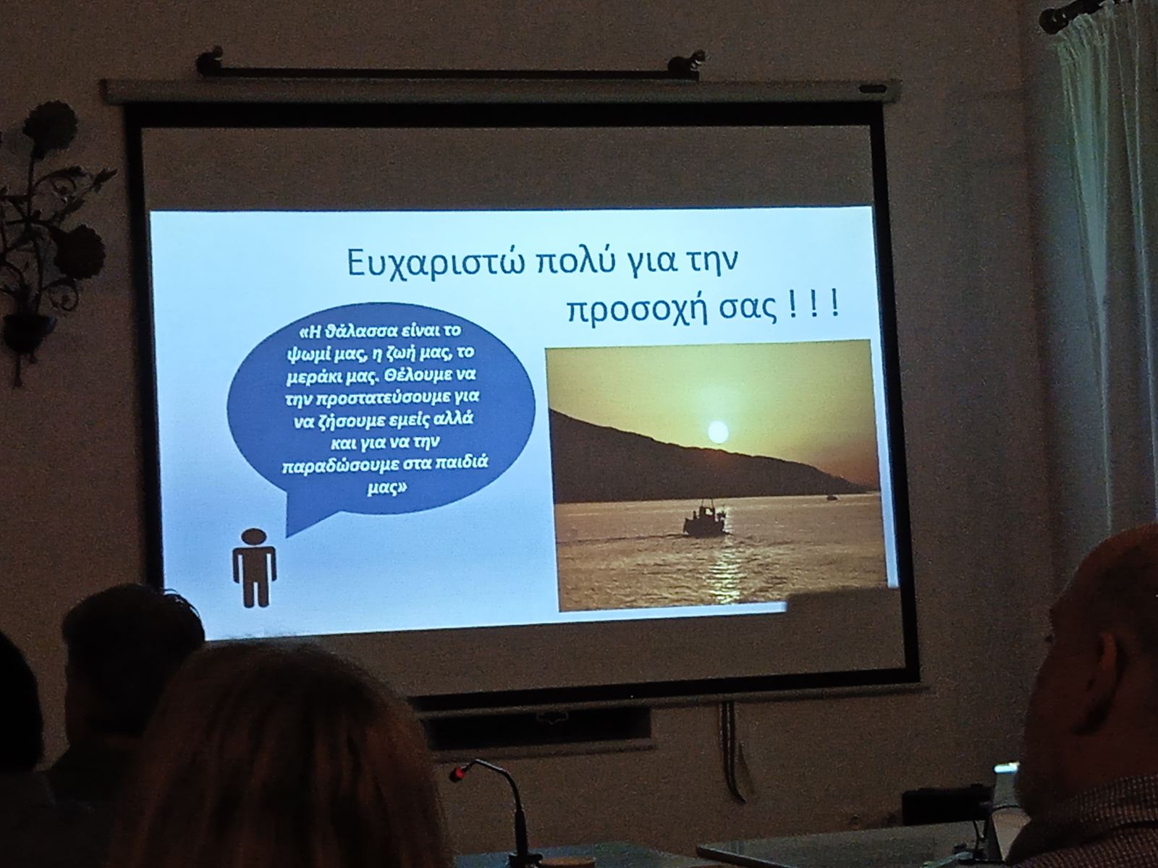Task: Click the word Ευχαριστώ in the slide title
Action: point(435,263)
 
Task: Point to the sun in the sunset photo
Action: point(717,432)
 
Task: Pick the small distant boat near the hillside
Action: point(832,496)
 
